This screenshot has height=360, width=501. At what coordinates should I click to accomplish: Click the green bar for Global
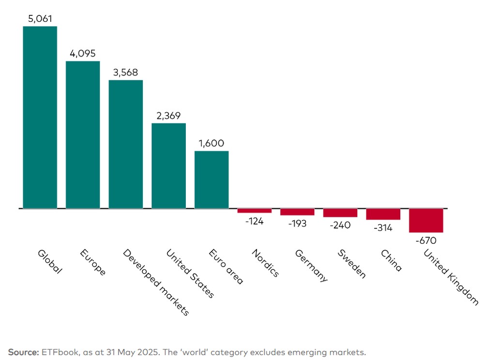click(x=40, y=117)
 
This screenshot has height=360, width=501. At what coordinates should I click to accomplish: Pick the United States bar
click(x=168, y=165)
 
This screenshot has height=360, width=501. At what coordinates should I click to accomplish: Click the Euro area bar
click(x=212, y=180)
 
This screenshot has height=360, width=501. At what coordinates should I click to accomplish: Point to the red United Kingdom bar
click(x=426, y=221)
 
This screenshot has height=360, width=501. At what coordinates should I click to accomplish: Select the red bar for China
click(x=383, y=214)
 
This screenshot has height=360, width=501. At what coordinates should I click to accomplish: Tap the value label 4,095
click(x=83, y=53)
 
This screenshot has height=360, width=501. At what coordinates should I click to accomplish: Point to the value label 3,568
click(x=125, y=73)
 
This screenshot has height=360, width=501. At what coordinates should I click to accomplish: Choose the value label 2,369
click(x=168, y=116)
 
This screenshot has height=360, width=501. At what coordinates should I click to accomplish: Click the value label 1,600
click(x=212, y=143)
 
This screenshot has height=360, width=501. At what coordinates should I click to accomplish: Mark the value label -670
click(x=426, y=240)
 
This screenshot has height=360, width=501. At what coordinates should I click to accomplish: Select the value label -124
click(x=254, y=221)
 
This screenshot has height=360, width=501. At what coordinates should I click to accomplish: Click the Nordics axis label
click(x=266, y=263)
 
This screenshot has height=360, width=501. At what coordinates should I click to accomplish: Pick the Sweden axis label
click(x=352, y=264)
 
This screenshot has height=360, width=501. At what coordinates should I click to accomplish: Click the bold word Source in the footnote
click(x=23, y=352)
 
